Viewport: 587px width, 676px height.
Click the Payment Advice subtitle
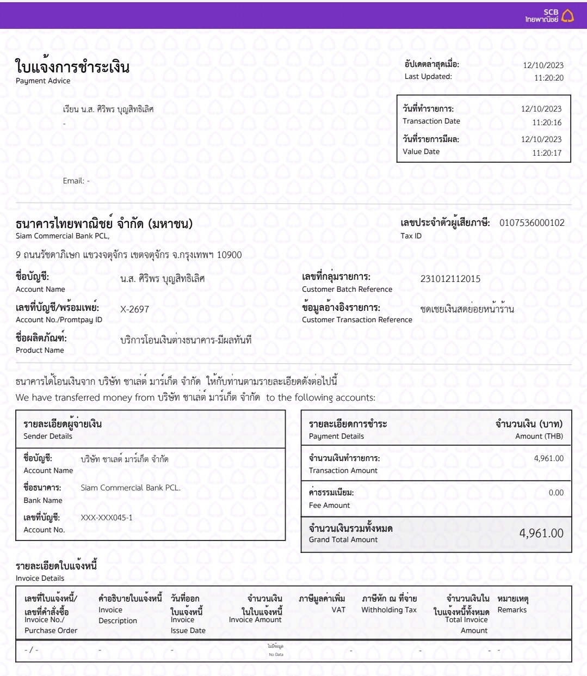tap(43, 81)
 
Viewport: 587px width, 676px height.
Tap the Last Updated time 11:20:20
tap(548, 78)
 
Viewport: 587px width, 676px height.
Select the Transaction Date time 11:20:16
tap(547, 122)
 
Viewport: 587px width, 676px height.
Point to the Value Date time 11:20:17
tap(547, 153)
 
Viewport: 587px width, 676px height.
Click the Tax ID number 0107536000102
tap(532, 223)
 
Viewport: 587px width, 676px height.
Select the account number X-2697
tap(134, 309)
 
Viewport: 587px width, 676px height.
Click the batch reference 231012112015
tap(450, 279)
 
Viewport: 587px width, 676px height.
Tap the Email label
tap(73, 181)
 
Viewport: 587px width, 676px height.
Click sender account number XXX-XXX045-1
tap(107, 518)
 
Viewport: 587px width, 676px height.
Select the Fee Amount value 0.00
tap(556, 493)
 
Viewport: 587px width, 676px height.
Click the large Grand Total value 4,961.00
tap(541, 533)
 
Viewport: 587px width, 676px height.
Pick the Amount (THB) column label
tap(539, 437)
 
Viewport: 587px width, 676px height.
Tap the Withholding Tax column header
tap(389, 610)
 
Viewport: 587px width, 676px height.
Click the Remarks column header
tap(512, 610)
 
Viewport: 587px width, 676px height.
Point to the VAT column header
tap(338, 610)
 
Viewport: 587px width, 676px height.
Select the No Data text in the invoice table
tap(276, 654)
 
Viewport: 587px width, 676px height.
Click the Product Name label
tap(40, 351)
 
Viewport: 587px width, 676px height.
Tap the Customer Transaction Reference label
tap(357, 320)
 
